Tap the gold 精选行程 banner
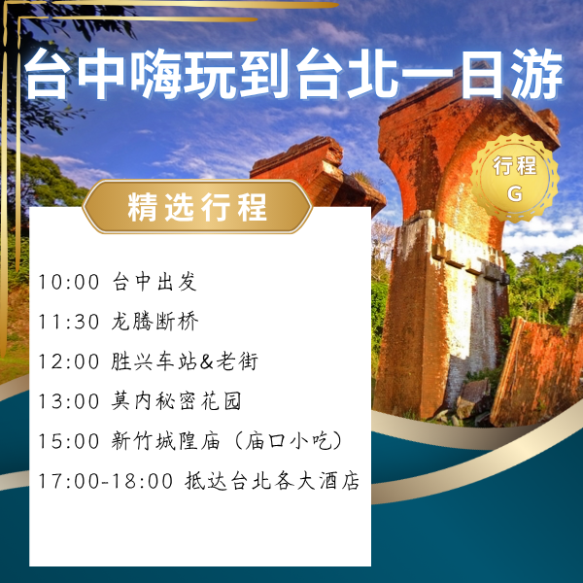(197, 207)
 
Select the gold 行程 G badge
(514, 178)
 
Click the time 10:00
(69, 283)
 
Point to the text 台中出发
(154, 283)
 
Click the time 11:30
(69, 322)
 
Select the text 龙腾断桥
(155, 322)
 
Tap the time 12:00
(69, 361)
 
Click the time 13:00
(69, 400)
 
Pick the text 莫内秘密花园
(176, 400)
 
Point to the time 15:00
(69, 440)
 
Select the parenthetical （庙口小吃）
(282, 440)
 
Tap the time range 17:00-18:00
(106, 480)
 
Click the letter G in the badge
(514, 193)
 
